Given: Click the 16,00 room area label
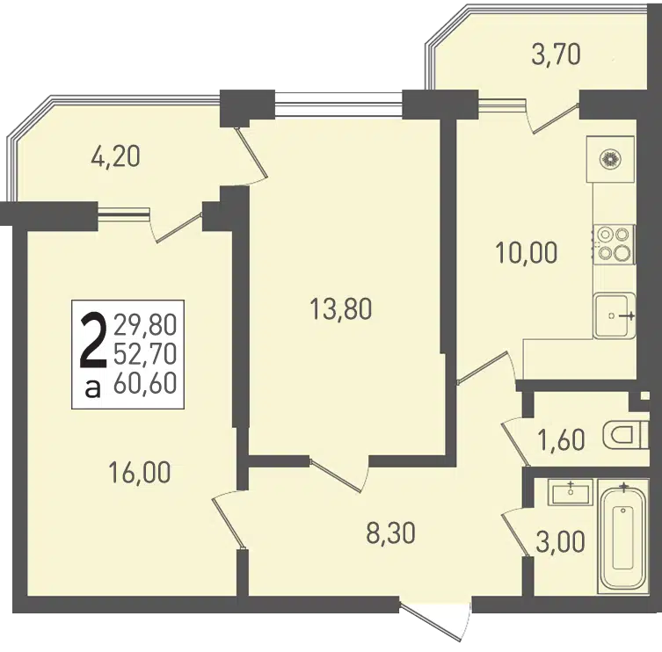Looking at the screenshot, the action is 140,472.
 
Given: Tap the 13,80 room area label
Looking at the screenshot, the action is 340,308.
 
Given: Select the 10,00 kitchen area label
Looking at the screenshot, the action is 526,253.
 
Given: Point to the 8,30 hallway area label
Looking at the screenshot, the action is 391,532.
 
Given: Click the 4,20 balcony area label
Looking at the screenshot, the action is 115,156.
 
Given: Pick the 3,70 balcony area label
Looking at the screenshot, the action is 556,55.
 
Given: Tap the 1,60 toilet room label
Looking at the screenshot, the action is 561,439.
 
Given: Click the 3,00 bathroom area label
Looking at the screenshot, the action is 560,541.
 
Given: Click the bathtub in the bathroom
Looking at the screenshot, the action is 623,534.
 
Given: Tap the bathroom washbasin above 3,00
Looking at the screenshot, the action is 571,492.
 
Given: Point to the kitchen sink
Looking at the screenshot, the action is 615,315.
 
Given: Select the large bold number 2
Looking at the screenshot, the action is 93,340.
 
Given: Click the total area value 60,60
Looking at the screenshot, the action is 145,384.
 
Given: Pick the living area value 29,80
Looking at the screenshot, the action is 145,325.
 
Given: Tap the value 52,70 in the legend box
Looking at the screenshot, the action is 145,354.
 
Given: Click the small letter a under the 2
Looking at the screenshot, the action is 93,388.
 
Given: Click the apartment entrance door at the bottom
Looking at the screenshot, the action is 435,622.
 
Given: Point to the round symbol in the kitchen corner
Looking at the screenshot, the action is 610,160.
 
